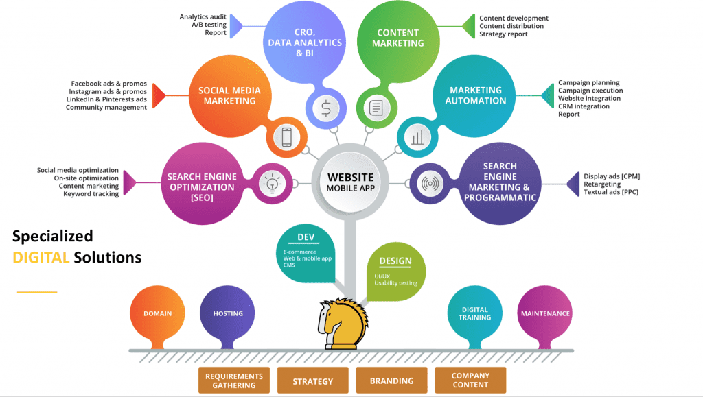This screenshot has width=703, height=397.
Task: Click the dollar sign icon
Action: tap(325, 107)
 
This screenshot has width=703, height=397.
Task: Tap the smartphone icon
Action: tap(286, 138)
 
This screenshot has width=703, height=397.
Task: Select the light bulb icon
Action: tap(269, 183)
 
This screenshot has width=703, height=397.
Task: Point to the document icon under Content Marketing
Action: tap(376, 108)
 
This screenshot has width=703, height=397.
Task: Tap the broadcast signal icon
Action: tap(430, 184)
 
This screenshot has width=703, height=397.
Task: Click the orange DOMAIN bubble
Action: tap(157, 314)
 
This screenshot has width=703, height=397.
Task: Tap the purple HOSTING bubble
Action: tap(228, 314)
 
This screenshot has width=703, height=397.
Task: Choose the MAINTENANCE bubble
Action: tap(545, 314)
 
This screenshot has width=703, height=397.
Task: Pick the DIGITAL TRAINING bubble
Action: tap(475, 313)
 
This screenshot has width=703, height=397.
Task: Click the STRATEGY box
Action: tap(312, 381)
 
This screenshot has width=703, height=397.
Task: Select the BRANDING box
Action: tap(392, 381)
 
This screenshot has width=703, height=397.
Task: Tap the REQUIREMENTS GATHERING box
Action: tap(234, 381)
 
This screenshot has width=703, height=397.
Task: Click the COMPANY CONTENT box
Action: tap(470, 381)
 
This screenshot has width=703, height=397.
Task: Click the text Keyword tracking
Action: tap(91, 194)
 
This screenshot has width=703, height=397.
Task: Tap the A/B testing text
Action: tap(209, 25)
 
